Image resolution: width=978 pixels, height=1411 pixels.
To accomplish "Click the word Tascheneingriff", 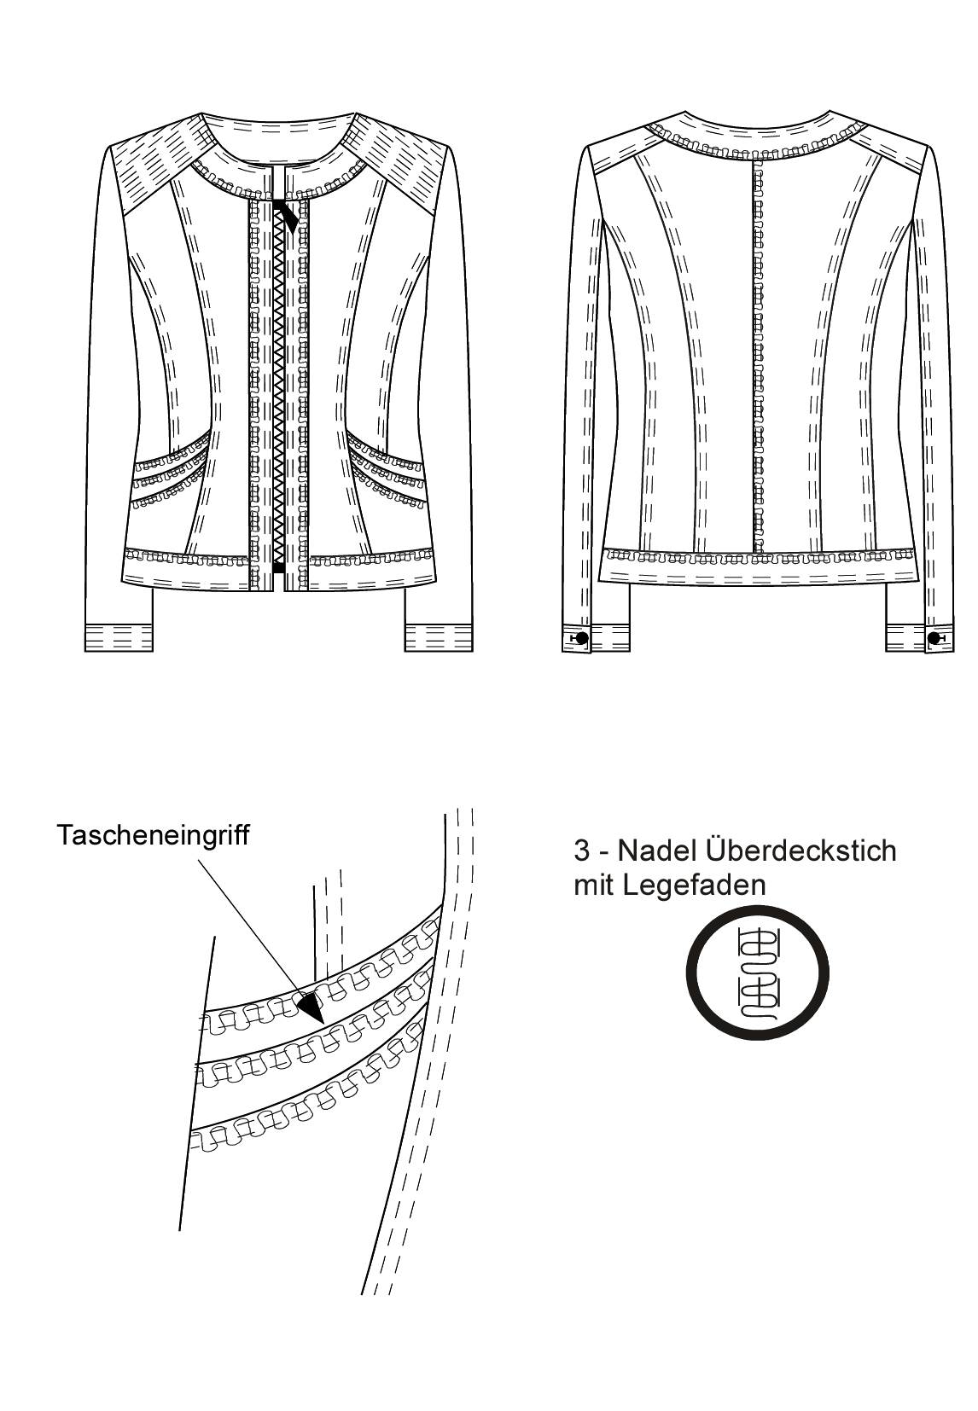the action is [153, 836].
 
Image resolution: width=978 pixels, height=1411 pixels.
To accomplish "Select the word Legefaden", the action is [696, 886].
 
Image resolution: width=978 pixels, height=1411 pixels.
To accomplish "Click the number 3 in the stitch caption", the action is [582, 851].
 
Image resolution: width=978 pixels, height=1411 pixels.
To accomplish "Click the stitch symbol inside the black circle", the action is [756, 974].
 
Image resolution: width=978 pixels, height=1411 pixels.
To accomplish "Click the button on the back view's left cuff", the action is [582, 638].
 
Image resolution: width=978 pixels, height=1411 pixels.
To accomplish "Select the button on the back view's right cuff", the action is [934, 638].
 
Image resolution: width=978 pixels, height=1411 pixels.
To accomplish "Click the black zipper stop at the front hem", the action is [278, 568].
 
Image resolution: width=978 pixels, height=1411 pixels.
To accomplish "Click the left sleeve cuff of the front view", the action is [119, 637].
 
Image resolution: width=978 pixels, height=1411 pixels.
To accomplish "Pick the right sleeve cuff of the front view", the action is [439, 637].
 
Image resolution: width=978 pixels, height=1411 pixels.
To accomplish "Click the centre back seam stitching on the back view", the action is [757, 356].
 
